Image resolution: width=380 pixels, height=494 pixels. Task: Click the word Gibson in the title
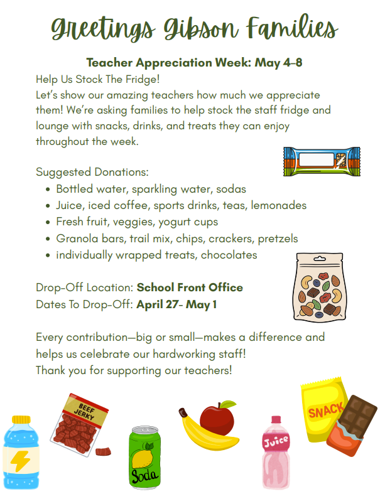[x=200, y=29]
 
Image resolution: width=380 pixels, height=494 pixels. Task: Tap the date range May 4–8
[x=278, y=62]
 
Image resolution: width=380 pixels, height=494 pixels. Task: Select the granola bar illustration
[x=322, y=161]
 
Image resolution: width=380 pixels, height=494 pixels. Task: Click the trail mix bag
[x=320, y=287]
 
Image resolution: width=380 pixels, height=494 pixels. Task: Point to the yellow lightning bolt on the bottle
[x=20, y=461]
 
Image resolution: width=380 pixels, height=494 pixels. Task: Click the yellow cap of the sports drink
[x=21, y=419]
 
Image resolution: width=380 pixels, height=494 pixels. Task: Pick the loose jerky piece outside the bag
[x=103, y=451]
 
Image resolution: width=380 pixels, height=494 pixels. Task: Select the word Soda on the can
[x=144, y=476]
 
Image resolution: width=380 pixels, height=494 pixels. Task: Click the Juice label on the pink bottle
[x=276, y=441]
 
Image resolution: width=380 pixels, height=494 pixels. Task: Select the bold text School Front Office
[x=190, y=287]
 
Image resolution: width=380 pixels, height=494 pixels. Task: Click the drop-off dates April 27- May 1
[x=176, y=304]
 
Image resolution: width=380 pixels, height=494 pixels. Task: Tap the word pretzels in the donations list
[x=278, y=239]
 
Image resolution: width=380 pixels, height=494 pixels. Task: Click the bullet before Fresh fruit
[x=48, y=222]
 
